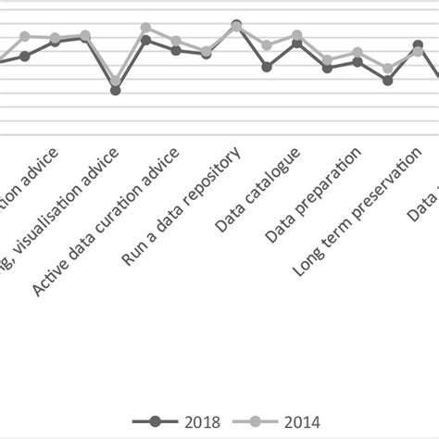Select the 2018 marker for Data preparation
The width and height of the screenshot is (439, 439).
pyautogui.click(x=327, y=68)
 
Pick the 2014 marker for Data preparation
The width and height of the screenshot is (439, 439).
pyautogui.click(x=327, y=60)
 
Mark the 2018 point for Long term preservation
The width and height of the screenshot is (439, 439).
pyautogui.click(x=387, y=81)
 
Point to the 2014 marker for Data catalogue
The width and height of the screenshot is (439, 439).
pyautogui.click(x=296, y=35)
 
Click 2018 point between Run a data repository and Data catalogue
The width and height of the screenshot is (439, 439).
pyautogui.click(x=267, y=67)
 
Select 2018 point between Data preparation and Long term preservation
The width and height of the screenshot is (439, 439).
pyautogui.click(x=357, y=62)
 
